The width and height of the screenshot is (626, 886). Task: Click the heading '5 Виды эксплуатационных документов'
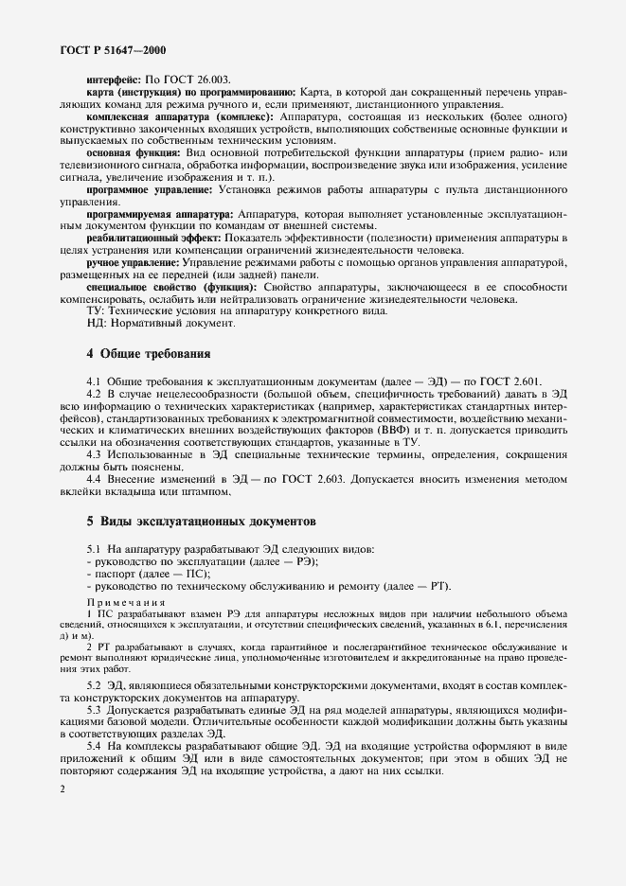(x=202, y=522)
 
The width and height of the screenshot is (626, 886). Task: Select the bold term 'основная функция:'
(x=132, y=151)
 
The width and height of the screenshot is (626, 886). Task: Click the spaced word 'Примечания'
(x=126, y=601)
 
